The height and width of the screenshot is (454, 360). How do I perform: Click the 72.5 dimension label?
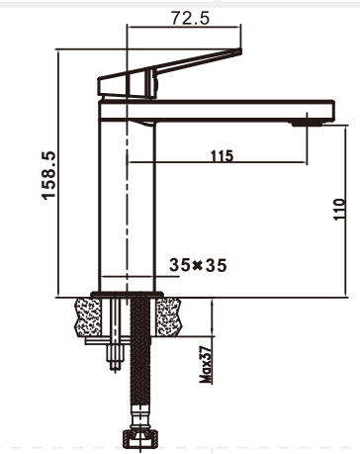click(190, 18)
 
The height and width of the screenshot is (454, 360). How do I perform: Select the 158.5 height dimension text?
click(49, 175)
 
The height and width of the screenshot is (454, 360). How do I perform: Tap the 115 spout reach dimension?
click(222, 155)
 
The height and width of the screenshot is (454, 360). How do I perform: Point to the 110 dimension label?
click(339, 210)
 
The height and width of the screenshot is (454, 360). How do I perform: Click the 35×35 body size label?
click(198, 265)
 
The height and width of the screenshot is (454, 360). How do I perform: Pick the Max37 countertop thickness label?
click(205, 365)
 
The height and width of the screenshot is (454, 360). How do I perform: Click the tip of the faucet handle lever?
click(240, 51)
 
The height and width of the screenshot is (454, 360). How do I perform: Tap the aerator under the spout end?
click(307, 124)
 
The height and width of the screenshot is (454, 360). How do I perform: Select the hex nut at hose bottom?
click(140, 438)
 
